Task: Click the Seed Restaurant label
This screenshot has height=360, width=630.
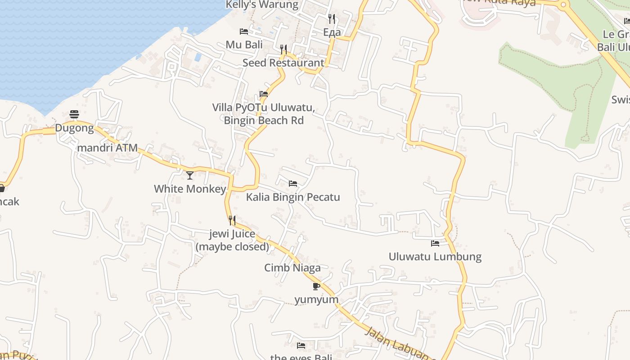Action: coord(283,63)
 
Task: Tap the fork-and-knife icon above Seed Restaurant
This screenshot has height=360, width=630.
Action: coord(283,49)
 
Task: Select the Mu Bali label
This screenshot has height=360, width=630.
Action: coord(244,45)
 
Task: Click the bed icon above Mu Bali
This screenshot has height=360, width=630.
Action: coord(244,31)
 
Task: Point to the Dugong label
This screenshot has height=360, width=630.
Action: coord(74,128)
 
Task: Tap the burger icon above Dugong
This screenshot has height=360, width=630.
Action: coord(74,115)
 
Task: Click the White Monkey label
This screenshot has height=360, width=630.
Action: coord(190,189)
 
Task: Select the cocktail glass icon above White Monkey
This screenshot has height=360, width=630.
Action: coord(190,175)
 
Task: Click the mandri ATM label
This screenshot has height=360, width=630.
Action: coord(108,148)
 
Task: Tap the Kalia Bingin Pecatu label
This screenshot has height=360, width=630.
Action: coord(293,197)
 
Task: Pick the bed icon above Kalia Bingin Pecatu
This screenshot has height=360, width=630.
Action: coord(293,184)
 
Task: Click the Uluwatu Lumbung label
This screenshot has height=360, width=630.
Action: coord(435,257)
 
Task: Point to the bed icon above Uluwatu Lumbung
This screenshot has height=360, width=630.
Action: coord(435,243)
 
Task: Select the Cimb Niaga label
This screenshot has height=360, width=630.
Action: coord(292,268)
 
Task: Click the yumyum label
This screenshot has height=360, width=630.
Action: coord(316,300)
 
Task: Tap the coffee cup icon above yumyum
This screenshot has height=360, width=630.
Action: coord(316,286)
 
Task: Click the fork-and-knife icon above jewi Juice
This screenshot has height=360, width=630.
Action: coord(232,220)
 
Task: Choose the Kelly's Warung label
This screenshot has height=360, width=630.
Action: coord(262,5)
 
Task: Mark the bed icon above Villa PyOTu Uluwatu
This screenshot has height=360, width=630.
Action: coord(264,94)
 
